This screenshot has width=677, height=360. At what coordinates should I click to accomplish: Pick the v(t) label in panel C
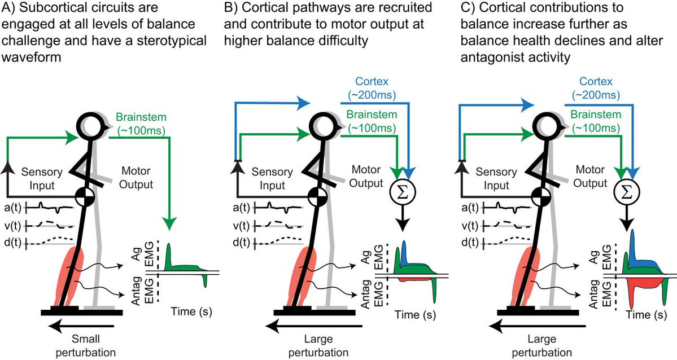pos(464,225)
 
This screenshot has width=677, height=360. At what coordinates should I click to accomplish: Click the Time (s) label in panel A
pos(191,311)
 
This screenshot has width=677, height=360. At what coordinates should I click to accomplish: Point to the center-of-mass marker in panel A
pos(85,197)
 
